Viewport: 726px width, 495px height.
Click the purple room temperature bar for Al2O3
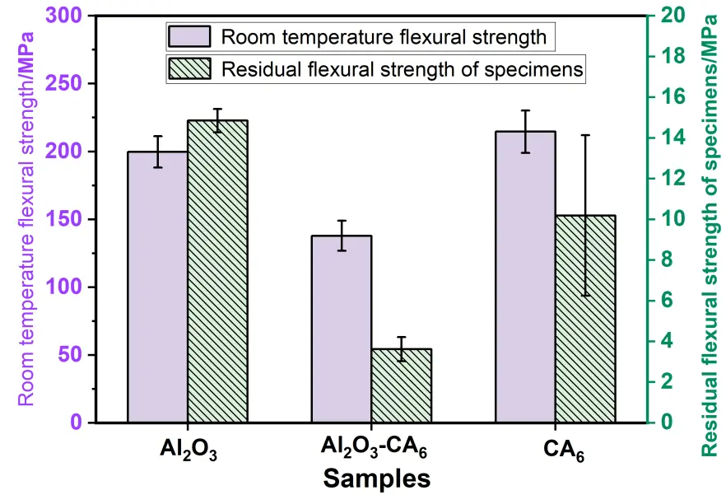coord(157,288)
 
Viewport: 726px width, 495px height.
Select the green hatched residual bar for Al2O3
coord(217,272)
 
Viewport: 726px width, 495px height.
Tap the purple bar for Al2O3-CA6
coord(342,329)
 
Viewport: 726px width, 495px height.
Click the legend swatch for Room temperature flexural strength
coord(188,37)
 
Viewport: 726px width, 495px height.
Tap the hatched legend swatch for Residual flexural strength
coord(188,69)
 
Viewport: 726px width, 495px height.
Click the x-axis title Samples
coord(375,478)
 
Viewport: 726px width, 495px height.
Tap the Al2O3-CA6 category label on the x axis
coord(374,451)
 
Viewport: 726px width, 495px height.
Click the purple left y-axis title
coord(26,218)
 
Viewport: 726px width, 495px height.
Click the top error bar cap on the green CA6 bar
coord(586,135)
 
